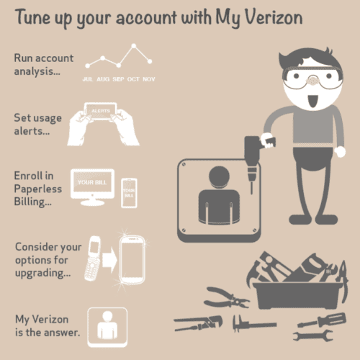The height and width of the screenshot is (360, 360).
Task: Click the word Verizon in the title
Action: [x=274, y=17]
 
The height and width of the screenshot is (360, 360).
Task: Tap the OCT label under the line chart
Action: [x=133, y=79]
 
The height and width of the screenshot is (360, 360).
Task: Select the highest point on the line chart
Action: [x=134, y=45]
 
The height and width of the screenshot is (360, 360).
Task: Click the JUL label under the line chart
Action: [x=88, y=79]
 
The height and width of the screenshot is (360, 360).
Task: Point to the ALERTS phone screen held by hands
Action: [x=101, y=111]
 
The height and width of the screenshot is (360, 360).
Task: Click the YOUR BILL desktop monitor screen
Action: [x=92, y=182]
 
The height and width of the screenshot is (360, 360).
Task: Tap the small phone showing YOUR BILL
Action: [x=129, y=193]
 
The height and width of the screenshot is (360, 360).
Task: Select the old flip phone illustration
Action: [x=93, y=258]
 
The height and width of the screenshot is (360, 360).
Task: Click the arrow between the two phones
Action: [x=109, y=260]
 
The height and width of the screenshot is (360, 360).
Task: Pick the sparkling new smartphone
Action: [x=132, y=260]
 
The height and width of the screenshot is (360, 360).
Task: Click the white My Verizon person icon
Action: [x=107, y=328]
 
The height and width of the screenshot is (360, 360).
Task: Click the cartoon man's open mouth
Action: [x=312, y=101]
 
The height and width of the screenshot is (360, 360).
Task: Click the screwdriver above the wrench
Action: [x=322, y=320]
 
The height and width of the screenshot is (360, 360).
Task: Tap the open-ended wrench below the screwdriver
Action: [x=313, y=336]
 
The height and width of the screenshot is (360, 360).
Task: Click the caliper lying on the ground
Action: [x=254, y=324]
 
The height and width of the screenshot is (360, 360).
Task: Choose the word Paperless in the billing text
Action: [x=38, y=189]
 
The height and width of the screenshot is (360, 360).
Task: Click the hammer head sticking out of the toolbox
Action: [x=254, y=272]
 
